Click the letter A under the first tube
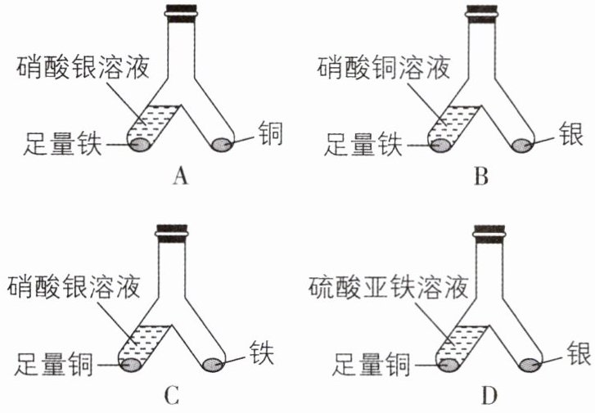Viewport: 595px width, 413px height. click(x=181, y=177)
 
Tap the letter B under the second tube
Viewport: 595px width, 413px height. click(x=481, y=177)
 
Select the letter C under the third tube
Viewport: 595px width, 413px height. click(x=172, y=396)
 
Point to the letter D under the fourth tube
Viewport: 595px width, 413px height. click(x=489, y=396)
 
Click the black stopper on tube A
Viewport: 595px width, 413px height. click(x=182, y=14)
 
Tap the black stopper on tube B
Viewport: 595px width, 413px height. click(x=482, y=14)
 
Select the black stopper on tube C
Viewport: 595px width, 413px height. click(x=172, y=232)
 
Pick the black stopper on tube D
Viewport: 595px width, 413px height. click(x=489, y=232)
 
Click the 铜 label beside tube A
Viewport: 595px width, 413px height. click(x=271, y=133)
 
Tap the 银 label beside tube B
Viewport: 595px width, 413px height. click(x=570, y=134)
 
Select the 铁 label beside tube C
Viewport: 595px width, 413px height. click(x=262, y=352)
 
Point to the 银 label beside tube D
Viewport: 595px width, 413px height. click(x=579, y=352)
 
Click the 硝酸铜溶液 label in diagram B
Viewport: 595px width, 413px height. click(x=384, y=68)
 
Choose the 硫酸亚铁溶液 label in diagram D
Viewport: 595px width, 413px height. click(x=388, y=287)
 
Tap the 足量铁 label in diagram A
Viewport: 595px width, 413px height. click(x=63, y=144)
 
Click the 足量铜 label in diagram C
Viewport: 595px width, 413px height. click(x=53, y=363)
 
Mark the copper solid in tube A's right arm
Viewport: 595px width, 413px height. click(x=222, y=145)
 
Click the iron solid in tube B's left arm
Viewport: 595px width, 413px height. click(x=440, y=145)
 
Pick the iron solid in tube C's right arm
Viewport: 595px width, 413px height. click(x=213, y=365)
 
